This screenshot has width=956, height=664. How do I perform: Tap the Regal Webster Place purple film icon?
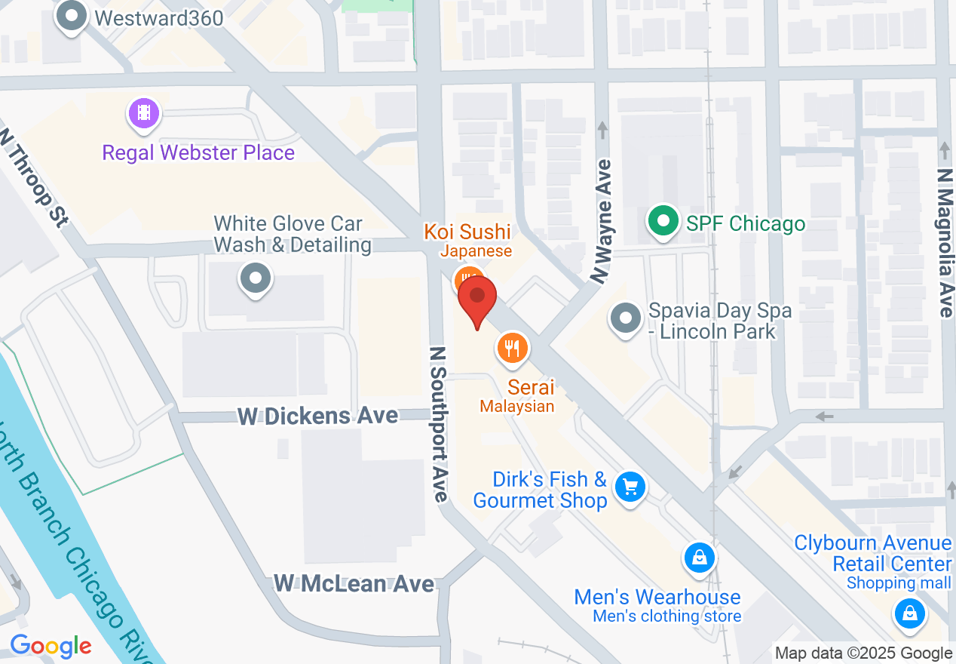[144, 114]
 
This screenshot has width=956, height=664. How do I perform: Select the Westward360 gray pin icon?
[72, 16]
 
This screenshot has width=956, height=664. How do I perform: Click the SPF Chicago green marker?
[663, 223]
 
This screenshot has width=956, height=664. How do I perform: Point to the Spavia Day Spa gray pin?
[625, 318]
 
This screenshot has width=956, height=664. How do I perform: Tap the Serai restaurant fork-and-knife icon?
[513, 348]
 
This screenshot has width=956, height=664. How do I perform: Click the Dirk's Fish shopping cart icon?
[630, 487]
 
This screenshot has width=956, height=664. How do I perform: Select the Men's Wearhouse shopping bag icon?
[700, 558]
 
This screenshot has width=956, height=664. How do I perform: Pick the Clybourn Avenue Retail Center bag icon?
[909, 612]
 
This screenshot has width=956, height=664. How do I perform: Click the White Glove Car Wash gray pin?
[256, 278]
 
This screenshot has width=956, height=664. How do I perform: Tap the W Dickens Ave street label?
[318, 416]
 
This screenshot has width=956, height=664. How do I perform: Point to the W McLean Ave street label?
[354, 583]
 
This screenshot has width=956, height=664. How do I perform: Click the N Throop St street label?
[35, 177]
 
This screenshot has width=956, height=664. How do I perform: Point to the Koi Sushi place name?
[467, 232]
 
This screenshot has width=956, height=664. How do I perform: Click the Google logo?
[51, 646]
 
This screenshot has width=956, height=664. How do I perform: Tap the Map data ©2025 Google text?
[864, 653]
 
